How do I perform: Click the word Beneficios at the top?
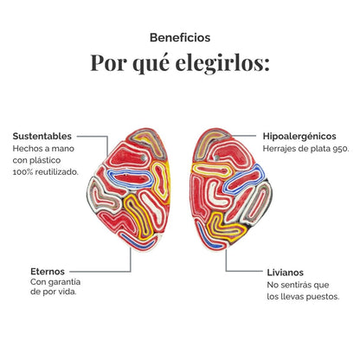(180, 38)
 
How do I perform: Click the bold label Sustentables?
(42, 136)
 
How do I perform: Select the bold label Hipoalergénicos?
(299, 136)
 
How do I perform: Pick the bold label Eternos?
(48, 272)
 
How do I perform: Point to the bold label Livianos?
(286, 273)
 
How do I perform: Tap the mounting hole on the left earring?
(144, 157)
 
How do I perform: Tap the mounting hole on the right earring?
(216, 157)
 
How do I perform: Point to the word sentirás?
(292, 285)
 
